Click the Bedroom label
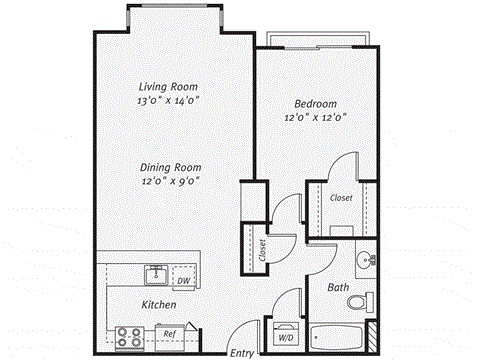(315, 103)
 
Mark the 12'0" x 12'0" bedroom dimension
(315, 117)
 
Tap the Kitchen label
(159, 304)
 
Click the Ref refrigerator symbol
(170, 334)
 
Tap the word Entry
(241, 353)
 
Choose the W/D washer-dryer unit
(286, 335)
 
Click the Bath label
(338, 288)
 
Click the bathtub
(339, 335)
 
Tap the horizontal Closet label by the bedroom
(341, 199)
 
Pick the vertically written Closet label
(262, 247)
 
